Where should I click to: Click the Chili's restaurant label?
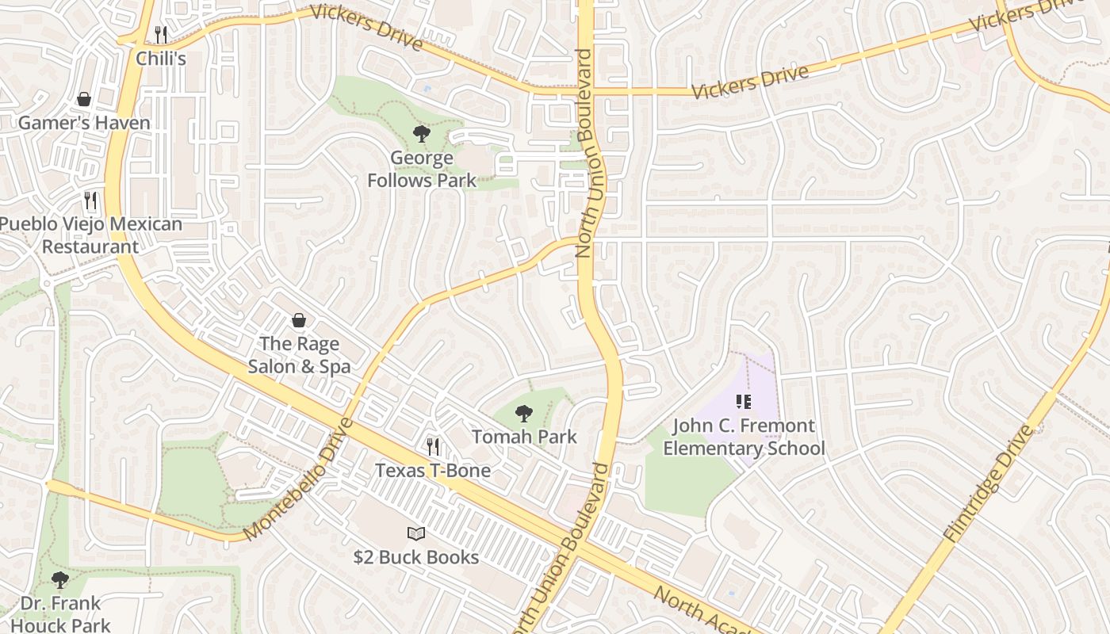161,59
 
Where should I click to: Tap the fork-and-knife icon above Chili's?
161,34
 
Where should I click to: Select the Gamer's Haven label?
84,123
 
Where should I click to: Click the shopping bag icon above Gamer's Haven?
84,99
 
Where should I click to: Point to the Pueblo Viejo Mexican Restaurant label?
90,235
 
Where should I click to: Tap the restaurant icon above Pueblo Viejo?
90,200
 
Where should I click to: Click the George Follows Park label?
422,169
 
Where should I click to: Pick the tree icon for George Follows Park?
422,134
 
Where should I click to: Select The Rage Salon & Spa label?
299,355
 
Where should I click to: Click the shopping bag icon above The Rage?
299,320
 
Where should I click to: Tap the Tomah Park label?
524,437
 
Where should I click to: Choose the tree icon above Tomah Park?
523,413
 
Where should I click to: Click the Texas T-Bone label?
433,471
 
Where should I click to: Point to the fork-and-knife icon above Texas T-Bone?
433,447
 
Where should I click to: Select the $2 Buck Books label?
416,557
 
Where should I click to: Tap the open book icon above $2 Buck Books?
416,533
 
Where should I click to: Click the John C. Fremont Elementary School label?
744,437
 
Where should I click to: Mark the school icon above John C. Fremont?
744,402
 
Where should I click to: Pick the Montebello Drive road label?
298,480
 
